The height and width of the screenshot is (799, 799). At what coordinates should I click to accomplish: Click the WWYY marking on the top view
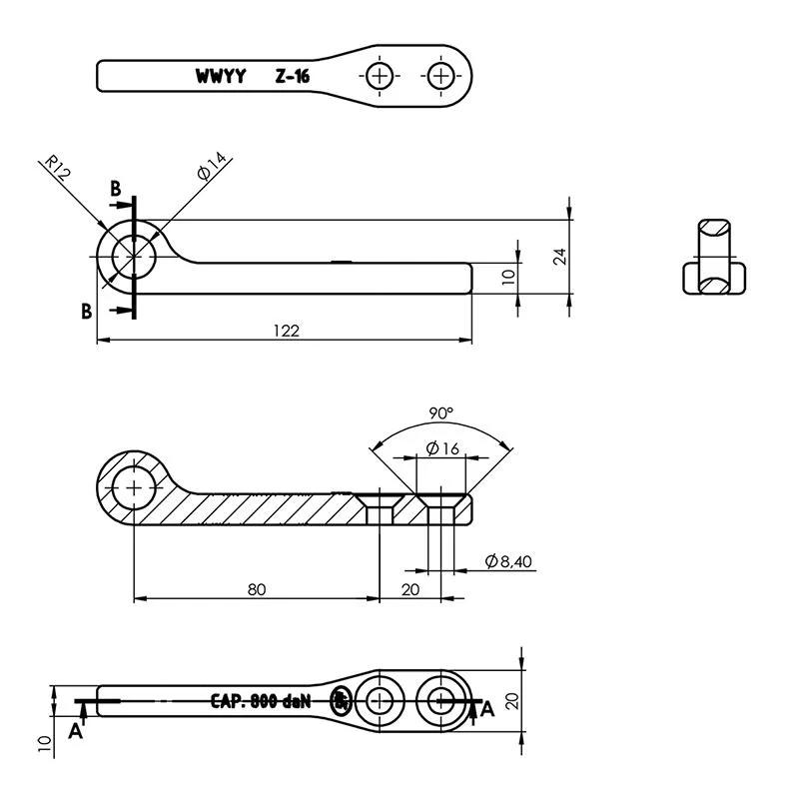(x=221, y=77)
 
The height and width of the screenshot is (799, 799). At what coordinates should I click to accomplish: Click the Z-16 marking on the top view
(x=293, y=77)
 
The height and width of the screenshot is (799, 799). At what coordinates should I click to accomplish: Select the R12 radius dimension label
(x=57, y=167)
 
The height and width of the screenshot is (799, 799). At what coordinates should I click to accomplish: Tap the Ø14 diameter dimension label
(x=212, y=166)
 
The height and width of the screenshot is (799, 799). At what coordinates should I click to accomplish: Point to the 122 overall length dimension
(x=287, y=331)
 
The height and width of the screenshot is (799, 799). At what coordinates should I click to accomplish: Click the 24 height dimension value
(x=560, y=257)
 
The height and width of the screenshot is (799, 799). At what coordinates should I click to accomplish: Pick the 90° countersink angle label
(x=440, y=413)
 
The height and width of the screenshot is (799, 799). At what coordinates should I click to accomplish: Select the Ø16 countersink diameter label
(x=442, y=448)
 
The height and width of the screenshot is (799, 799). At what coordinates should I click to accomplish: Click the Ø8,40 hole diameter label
(x=508, y=561)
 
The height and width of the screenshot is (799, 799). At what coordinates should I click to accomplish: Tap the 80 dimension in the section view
(x=257, y=589)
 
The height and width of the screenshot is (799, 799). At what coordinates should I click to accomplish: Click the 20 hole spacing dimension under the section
(x=410, y=589)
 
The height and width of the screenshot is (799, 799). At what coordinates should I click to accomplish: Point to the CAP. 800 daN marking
(x=261, y=702)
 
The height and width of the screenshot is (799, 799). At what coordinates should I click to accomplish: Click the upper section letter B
(x=116, y=189)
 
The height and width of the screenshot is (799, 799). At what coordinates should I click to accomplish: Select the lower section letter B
(x=87, y=311)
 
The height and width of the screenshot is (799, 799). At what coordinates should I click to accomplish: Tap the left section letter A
(x=76, y=731)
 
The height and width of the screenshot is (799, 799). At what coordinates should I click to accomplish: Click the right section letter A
(x=487, y=709)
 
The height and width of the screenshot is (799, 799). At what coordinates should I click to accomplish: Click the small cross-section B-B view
(x=714, y=257)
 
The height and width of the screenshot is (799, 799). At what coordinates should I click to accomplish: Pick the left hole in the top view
(x=380, y=76)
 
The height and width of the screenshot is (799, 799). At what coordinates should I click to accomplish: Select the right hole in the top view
(x=440, y=76)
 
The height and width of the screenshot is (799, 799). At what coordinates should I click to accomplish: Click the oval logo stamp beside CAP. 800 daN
(x=341, y=701)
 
